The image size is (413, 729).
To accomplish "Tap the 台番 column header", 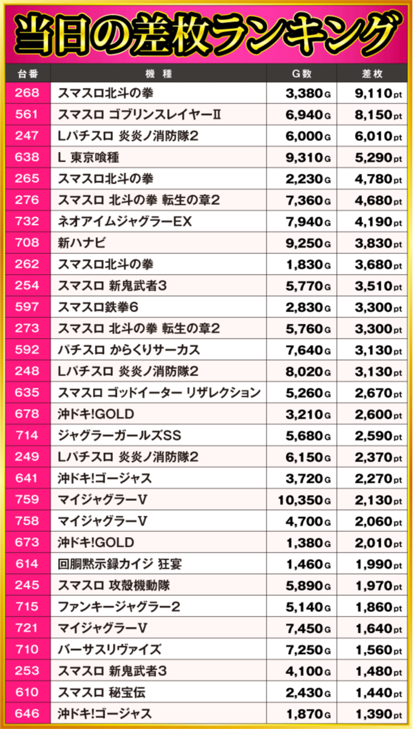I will click(26, 73).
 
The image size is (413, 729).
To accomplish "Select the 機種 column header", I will click(158, 73).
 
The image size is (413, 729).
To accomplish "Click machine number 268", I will click(26, 93).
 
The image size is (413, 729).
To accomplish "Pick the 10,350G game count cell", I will click(304, 500).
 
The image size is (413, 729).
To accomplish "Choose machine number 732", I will click(26, 222).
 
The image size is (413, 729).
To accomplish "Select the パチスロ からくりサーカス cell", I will click(129, 350).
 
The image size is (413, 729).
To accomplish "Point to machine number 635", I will click(26, 392).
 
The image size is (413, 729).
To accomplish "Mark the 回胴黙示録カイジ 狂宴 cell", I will click(120, 564).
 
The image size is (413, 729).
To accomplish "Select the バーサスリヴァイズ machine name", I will click(110, 649).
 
